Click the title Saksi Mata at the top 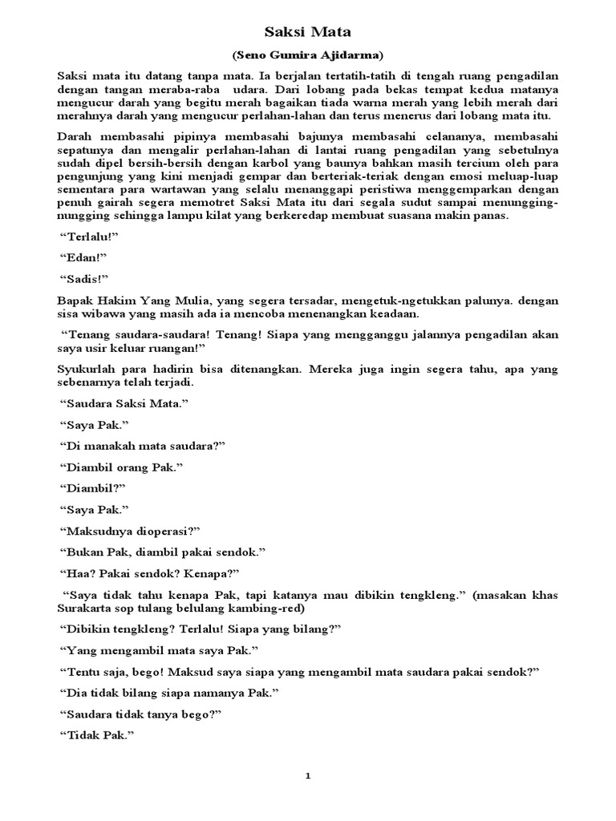(308, 33)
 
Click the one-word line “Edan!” (83, 257)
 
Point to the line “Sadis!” (84, 279)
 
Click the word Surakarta (87, 609)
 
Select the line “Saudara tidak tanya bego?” (140, 714)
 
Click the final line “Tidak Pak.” (95, 735)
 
